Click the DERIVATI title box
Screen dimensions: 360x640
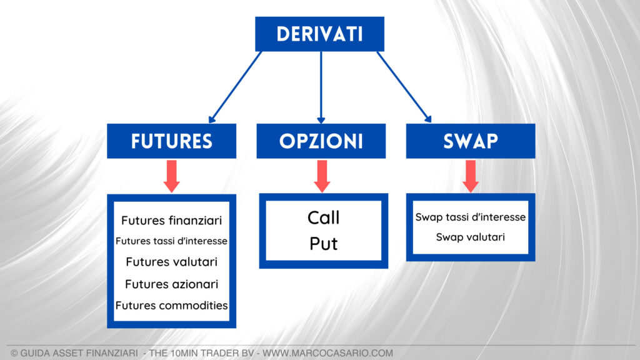click(x=319, y=34)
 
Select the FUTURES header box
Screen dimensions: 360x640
click(x=171, y=141)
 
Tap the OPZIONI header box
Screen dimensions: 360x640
click(x=321, y=141)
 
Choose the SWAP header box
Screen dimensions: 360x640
click(x=470, y=141)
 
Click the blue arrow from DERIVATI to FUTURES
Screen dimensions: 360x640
click(x=236, y=87)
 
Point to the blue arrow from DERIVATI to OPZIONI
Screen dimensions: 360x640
click(x=321, y=87)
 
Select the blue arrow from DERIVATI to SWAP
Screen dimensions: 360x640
click(x=404, y=87)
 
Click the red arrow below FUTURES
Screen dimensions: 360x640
click(x=171, y=176)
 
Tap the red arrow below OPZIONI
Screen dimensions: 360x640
click(x=322, y=176)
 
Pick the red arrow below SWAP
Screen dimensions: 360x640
click(x=471, y=176)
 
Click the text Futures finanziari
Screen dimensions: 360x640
click(x=171, y=221)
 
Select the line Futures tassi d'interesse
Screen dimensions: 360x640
click(x=171, y=241)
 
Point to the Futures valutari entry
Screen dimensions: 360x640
click(x=171, y=262)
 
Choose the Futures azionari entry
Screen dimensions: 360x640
click(x=171, y=284)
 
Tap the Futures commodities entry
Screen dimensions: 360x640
click(x=171, y=306)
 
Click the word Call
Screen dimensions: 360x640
click(x=323, y=218)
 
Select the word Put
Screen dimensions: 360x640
click(x=323, y=244)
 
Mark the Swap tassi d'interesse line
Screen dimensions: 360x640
click(x=470, y=217)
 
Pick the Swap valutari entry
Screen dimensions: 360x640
click(x=470, y=237)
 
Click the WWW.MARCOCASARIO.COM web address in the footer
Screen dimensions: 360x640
click(x=327, y=353)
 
